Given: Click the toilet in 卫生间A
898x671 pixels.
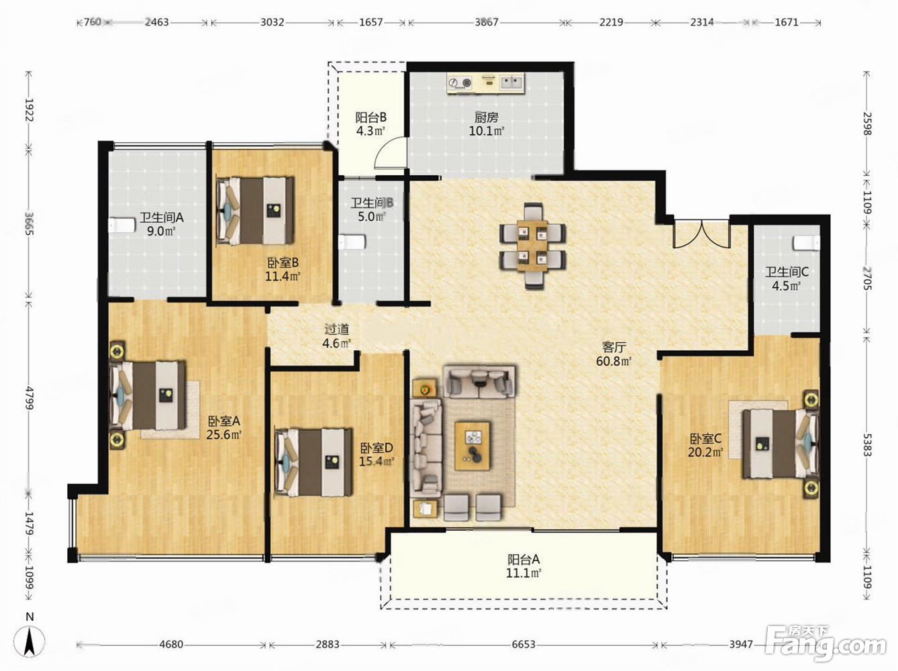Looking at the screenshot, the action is tap(122, 225).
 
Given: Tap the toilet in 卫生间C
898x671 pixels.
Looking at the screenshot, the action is tap(806, 242).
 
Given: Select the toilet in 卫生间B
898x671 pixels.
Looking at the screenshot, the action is tap(352, 242).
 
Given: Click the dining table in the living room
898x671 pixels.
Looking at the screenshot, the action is tap(532, 246).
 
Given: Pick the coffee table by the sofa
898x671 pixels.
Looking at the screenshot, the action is tap(472, 446).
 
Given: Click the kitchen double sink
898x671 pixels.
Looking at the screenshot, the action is tap(511, 83).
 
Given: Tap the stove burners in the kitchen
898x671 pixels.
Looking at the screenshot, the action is tap(460, 83).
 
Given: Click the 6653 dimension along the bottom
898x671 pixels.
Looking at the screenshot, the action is tap(523, 644).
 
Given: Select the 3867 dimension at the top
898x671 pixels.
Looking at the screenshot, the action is tap(487, 22).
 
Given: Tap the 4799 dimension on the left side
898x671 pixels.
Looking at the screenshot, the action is tap(29, 399).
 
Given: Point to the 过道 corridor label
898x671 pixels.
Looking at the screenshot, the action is tap(337, 329).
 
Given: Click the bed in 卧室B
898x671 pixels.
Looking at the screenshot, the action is tap(256, 211).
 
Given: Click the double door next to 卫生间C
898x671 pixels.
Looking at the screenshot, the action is tap(701, 234).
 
